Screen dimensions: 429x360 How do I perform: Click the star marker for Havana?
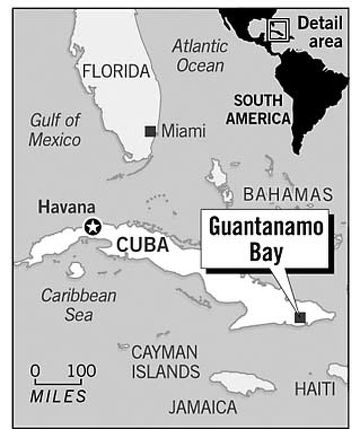[92, 227]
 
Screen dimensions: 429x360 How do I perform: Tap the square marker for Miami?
[150, 131]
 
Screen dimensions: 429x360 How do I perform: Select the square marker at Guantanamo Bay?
[300, 317]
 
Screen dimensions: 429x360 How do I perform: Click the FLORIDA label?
[116, 71]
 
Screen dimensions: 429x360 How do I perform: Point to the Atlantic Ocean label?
[200, 56]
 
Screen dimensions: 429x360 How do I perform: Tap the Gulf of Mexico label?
[55, 130]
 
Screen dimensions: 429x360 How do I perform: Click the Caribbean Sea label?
[79, 305]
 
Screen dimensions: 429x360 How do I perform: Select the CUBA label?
[142, 245]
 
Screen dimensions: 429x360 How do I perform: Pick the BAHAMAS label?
[288, 195]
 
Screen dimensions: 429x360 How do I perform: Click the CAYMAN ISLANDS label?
[166, 362]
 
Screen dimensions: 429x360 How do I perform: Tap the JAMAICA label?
[203, 407]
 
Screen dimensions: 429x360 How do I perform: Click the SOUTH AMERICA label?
[258, 109]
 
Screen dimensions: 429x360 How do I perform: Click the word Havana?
[67, 207]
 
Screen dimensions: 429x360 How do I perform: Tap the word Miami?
[184, 131]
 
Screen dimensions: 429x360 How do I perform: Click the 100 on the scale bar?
[82, 371]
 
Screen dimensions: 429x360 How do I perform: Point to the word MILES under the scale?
[58, 396]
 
